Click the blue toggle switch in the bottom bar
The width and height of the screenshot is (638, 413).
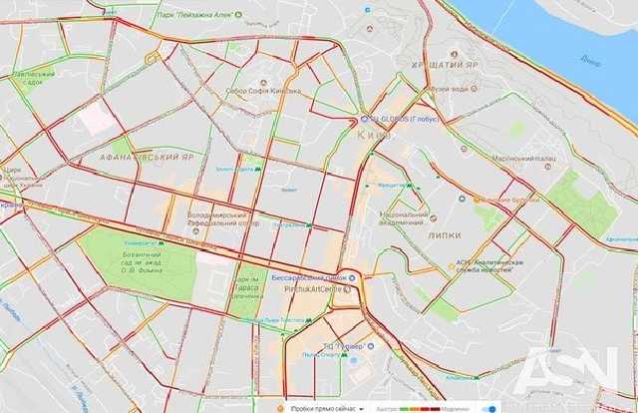(487, 406)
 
